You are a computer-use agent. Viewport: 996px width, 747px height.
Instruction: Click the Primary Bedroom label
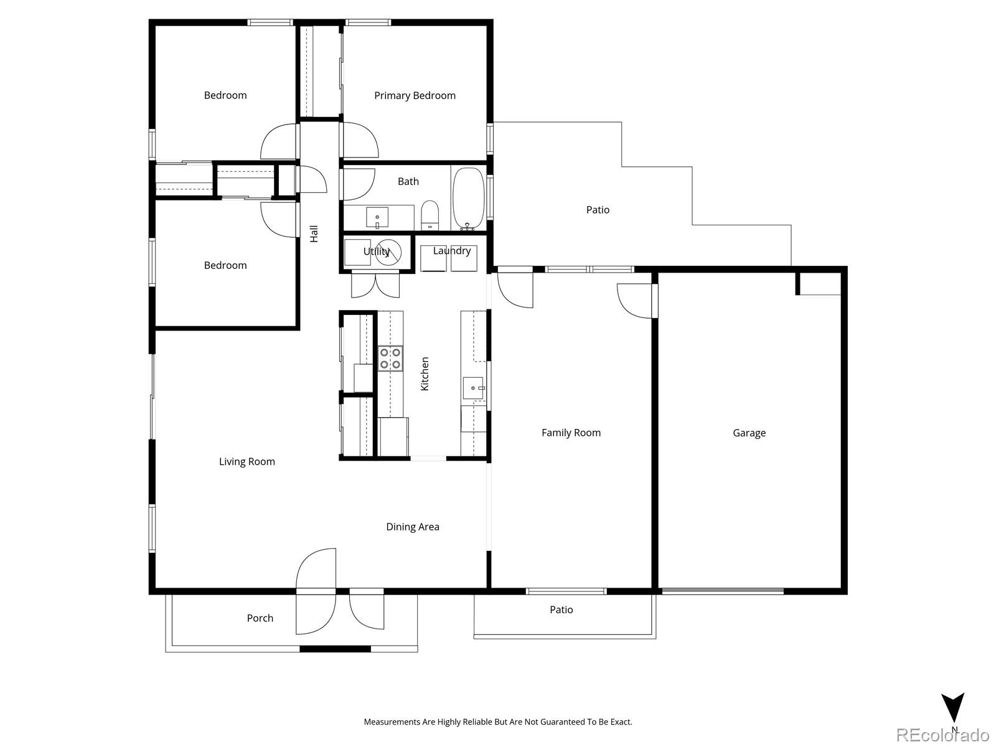point(415,95)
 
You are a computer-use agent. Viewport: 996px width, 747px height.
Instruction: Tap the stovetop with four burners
point(390,358)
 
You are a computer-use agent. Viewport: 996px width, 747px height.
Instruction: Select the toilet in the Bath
point(430,215)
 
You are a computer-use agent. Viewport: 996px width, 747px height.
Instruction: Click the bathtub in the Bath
point(468,198)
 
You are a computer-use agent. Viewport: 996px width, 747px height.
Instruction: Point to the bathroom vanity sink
point(377,218)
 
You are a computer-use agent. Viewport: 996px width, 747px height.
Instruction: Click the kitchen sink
point(473,388)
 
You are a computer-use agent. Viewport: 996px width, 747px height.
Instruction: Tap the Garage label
point(749,433)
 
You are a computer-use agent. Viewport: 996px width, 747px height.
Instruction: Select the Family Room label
point(571,433)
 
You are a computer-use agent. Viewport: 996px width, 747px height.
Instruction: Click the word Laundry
point(451,250)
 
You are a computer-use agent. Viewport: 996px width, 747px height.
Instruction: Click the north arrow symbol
point(952,708)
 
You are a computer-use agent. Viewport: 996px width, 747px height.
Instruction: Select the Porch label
point(260,618)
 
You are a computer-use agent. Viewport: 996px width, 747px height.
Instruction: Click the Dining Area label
point(412,527)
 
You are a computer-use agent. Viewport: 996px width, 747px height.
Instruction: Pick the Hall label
point(314,233)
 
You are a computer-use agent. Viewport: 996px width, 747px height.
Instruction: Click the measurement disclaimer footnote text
point(498,722)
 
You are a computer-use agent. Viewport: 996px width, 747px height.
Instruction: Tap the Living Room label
point(247,461)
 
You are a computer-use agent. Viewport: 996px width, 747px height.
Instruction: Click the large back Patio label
point(598,210)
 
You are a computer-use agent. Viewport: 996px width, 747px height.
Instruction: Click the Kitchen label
point(425,374)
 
